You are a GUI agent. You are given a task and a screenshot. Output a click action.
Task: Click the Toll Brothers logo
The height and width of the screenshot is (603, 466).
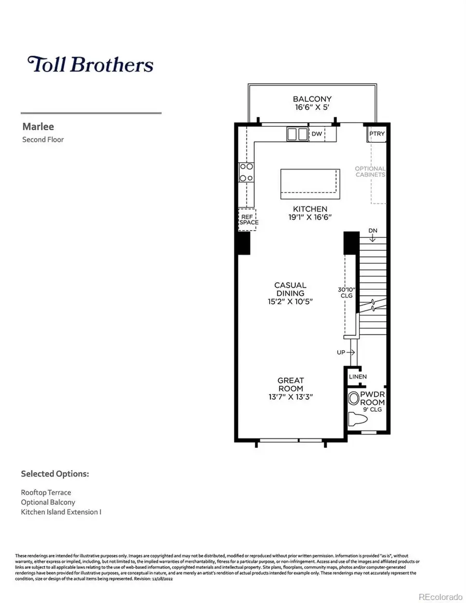pyautogui.click(x=91, y=65)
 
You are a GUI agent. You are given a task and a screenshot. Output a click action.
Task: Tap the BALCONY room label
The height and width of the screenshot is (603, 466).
pyautogui.click(x=312, y=99)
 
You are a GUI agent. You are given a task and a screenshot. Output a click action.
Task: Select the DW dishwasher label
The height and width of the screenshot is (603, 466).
pyautogui.click(x=317, y=134)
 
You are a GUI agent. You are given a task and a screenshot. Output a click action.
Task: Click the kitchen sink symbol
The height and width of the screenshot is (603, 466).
pyautogui.click(x=297, y=134)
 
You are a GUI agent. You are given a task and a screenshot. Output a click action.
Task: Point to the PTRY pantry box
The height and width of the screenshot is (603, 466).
pyautogui.click(x=376, y=134)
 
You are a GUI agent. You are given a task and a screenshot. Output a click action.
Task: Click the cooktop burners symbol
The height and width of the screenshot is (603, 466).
pyautogui.click(x=246, y=173)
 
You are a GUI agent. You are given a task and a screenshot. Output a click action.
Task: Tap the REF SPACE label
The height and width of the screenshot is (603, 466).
pyautogui.click(x=247, y=219)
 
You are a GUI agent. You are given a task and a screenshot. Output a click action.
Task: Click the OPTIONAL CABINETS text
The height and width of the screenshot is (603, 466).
pyautogui.click(x=370, y=172)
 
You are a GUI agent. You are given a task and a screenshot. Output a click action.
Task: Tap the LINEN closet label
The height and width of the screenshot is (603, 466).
pyautogui.click(x=358, y=377)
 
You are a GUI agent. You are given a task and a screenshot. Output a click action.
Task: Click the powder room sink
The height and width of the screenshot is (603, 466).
pyautogui.click(x=354, y=398)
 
